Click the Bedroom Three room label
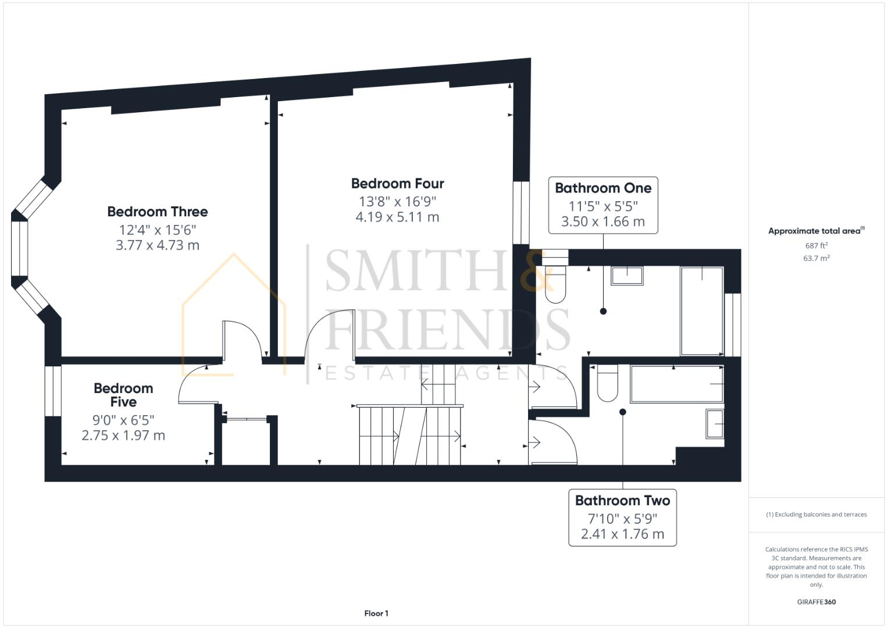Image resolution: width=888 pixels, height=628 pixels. pyautogui.click(x=157, y=212)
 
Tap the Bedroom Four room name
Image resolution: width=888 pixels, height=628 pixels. pyautogui.click(x=397, y=184)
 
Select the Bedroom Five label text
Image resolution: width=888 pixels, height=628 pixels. pyautogui.click(x=123, y=395)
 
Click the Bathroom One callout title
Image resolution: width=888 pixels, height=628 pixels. pyautogui.click(x=603, y=188)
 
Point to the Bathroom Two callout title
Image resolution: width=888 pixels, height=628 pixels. pyautogui.click(x=622, y=501)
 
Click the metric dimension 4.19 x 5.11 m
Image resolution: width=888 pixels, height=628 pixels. pyautogui.click(x=397, y=217)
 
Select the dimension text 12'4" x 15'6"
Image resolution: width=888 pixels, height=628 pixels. pyautogui.click(x=157, y=230)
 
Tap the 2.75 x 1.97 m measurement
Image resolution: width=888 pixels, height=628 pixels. pyautogui.click(x=123, y=436)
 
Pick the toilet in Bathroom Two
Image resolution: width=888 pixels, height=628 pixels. pyautogui.click(x=607, y=383)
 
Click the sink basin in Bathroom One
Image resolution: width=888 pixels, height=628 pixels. pyautogui.click(x=627, y=275)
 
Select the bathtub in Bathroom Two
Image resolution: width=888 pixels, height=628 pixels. pyautogui.click(x=677, y=384)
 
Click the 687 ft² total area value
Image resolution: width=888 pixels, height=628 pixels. pyautogui.click(x=816, y=246)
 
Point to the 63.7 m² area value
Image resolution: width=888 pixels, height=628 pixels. pyautogui.click(x=816, y=258)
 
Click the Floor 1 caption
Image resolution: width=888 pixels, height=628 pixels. pyautogui.click(x=376, y=613)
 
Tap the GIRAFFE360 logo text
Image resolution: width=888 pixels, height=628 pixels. pyautogui.click(x=816, y=602)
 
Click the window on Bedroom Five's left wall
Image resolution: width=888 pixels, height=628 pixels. pyautogui.click(x=53, y=391)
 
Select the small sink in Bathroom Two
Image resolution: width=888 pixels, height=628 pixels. pyautogui.click(x=715, y=423)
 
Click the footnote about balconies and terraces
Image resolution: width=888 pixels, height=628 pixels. pyautogui.click(x=816, y=515)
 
